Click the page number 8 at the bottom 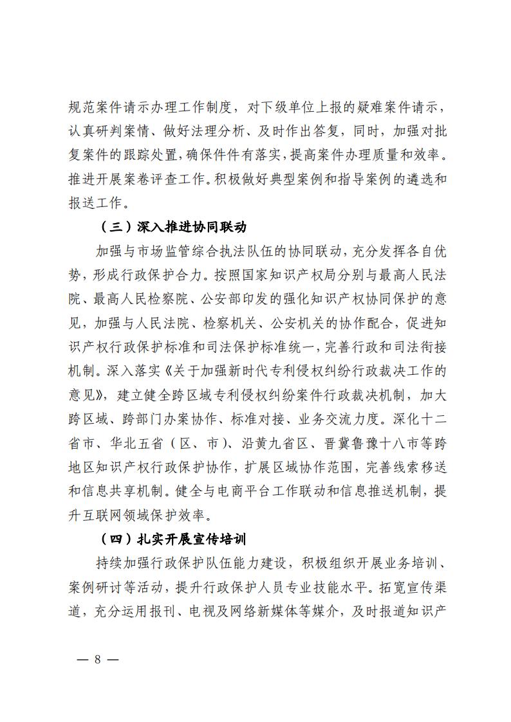(x=98, y=660)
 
